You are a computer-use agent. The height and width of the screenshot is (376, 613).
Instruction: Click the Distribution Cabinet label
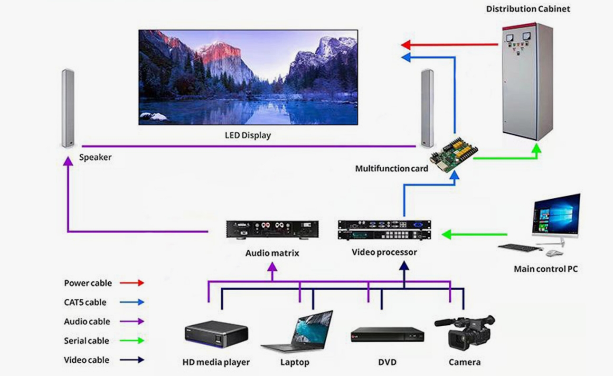click(x=528, y=9)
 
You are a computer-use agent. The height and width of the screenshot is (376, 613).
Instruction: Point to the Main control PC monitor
click(x=556, y=216)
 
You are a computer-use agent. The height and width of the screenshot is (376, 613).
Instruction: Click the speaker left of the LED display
click(x=68, y=109)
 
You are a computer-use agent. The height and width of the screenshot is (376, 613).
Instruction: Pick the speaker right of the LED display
click(x=427, y=108)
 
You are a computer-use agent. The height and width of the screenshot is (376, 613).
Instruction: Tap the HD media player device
click(x=216, y=333)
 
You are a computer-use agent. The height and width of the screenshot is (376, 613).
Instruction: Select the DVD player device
click(x=387, y=335)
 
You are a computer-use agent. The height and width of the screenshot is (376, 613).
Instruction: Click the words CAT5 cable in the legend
click(x=85, y=303)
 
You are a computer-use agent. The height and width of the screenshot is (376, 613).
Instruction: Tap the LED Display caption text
click(x=247, y=136)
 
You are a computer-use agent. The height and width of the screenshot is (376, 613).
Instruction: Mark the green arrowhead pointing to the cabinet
click(x=536, y=148)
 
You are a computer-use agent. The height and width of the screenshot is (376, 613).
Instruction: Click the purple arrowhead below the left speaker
click(x=68, y=161)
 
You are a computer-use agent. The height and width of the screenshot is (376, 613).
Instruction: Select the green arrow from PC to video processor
click(x=474, y=234)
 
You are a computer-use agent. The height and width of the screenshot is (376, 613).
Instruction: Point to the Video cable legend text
click(x=86, y=360)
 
